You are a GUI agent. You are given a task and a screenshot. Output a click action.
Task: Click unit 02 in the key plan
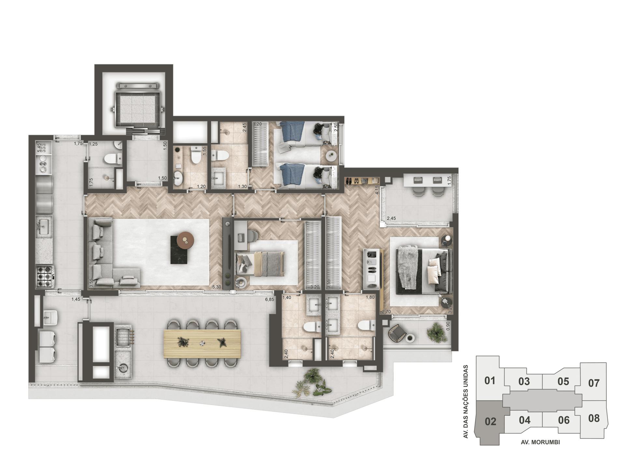[490, 421]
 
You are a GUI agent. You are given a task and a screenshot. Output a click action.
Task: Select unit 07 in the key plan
[594, 383]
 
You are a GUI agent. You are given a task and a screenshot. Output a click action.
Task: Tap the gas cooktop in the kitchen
[45, 276]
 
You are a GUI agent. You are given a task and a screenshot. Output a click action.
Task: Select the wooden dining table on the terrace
[202, 343]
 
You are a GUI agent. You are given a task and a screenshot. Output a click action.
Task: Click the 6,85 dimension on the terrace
[270, 299]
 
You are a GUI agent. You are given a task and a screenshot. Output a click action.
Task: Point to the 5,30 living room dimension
[216, 287]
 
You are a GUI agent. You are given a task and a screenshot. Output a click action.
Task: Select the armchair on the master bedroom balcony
[397, 333]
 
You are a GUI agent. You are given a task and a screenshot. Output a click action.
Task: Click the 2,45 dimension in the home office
[391, 218]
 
